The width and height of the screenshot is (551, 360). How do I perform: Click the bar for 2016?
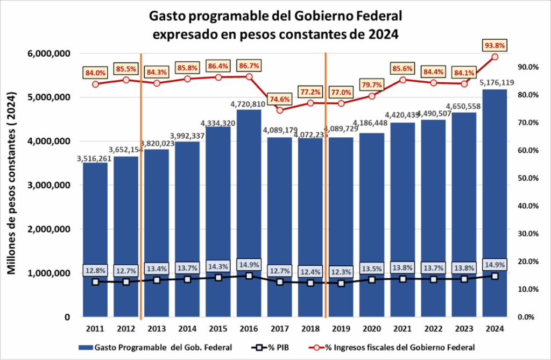(249, 215)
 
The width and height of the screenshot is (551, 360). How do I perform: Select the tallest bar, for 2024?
(495, 204)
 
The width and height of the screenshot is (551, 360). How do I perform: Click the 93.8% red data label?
(495, 45)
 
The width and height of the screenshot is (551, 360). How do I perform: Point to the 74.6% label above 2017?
(280, 98)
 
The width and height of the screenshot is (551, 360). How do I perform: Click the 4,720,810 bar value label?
(249, 104)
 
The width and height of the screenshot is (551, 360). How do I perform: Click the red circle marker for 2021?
(402, 80)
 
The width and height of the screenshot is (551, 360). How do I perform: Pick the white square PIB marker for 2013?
(157, 280)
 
